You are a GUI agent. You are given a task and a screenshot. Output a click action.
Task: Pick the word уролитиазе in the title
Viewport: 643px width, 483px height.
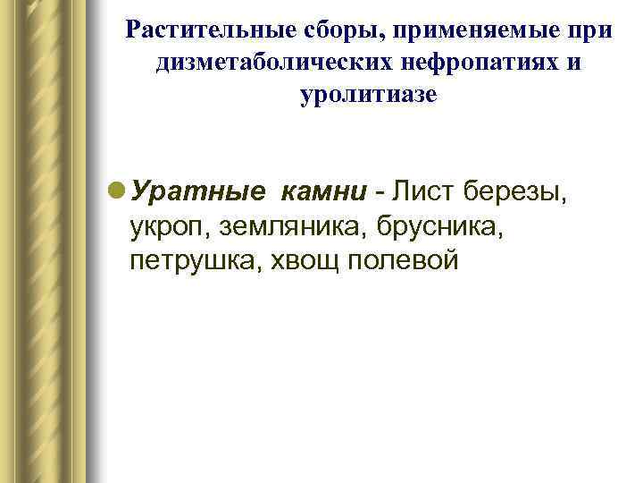370,95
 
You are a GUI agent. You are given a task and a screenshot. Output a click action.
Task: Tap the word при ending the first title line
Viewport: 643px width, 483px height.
590,30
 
